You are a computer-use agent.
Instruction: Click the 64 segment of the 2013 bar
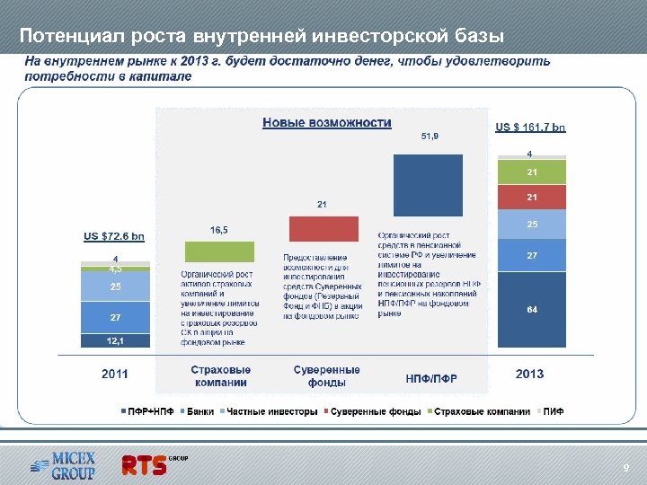click(x=532, y=309)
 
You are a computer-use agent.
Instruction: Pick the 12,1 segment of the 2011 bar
click(x=114, y=340)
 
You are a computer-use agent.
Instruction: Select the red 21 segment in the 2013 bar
click(x=532, y=197)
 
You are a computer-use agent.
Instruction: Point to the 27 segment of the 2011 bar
click(x=114, y=317)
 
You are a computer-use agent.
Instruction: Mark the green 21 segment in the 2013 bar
click(x=532, y=172)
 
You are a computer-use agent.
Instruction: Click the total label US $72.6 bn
click(x=114, y=236)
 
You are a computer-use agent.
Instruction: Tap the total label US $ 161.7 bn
click(x=531, y=128)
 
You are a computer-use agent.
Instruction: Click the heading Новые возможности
click(x=327, y=123)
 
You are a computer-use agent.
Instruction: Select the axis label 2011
click(x=114, y=374)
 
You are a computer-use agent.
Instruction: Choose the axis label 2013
click(x=529, y=374)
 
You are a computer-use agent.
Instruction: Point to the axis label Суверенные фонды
click(x=327, y=375)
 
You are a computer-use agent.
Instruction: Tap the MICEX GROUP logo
click(x=62, y=464)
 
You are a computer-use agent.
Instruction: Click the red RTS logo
click(x=145, y=464)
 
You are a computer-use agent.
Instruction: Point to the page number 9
click(x=626, y=469)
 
